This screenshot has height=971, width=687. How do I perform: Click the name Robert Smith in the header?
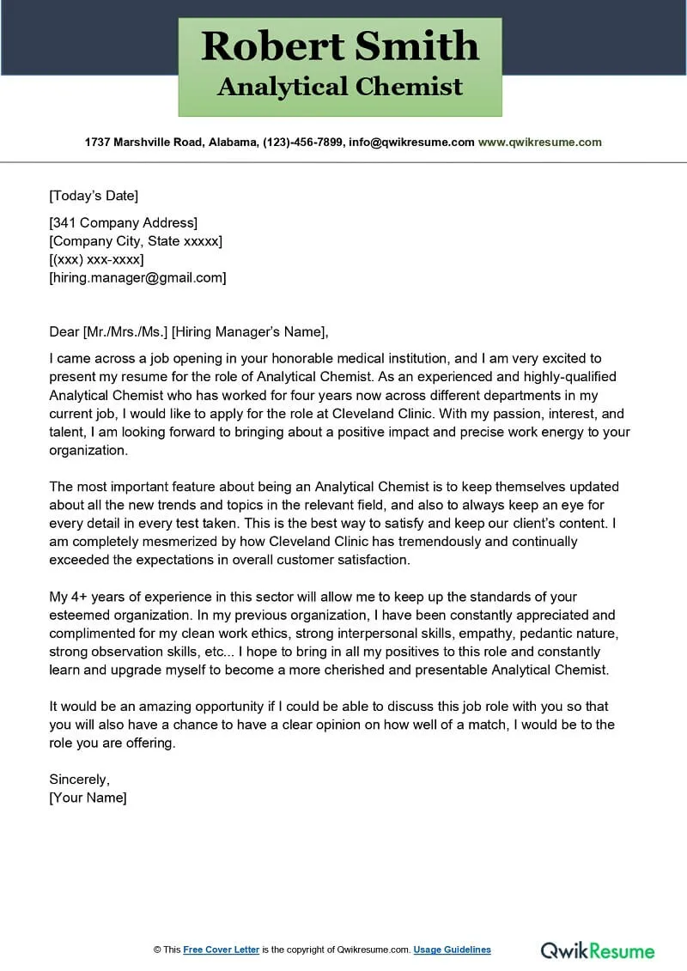pyautogui.click(x=340, y=46)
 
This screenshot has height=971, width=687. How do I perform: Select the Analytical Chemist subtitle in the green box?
pyautogui.click(x=340, y=87)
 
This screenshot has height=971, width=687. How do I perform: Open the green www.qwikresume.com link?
pyautogui.click(x=539, y=143)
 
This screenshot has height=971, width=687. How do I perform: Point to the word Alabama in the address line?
pyautogui.click(x=231, y=143)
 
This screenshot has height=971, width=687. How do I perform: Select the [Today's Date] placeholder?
pyautogui.click(x=94, y=196)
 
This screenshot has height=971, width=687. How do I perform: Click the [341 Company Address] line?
pyautogui.click(x=124, y=223)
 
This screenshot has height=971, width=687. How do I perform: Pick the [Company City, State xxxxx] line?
pyautogui.click(x=136, y=241)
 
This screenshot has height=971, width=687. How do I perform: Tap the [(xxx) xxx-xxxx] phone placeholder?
pyautogui.click(x=96, y=259)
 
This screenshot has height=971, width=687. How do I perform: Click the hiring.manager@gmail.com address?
pyautogui.click(x=137, y=277)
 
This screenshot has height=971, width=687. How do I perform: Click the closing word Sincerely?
pyautogui.click(x=79, y=780)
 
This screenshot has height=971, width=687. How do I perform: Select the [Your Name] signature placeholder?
pyautogui.click(x=88, y=798)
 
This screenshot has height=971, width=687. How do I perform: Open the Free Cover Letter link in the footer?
pyautogui.click(x=221, y=950)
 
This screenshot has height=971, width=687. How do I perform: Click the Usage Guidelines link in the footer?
pyautogui.click(x=452, y=950)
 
